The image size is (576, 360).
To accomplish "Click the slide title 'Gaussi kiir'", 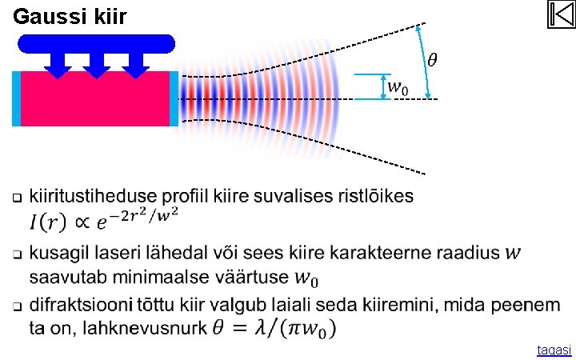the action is [x=70, y=16].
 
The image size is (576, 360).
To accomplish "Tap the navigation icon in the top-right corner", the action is [x=562, y=15].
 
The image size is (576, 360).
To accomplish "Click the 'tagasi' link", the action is [x=554, y=350].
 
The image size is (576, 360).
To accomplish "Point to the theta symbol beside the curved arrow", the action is [x=432, y=60].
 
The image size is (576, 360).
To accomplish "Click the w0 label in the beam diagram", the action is [x=398, y=86].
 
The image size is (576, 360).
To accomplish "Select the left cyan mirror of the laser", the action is [x=16, y=98].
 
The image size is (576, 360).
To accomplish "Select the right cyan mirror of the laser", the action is [x=174, y=98].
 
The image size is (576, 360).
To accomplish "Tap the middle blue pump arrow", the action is [x=96, y=65].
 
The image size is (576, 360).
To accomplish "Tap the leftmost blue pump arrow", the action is [x=57, y=65].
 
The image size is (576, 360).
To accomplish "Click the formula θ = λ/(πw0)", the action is [x=274, y=328].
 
